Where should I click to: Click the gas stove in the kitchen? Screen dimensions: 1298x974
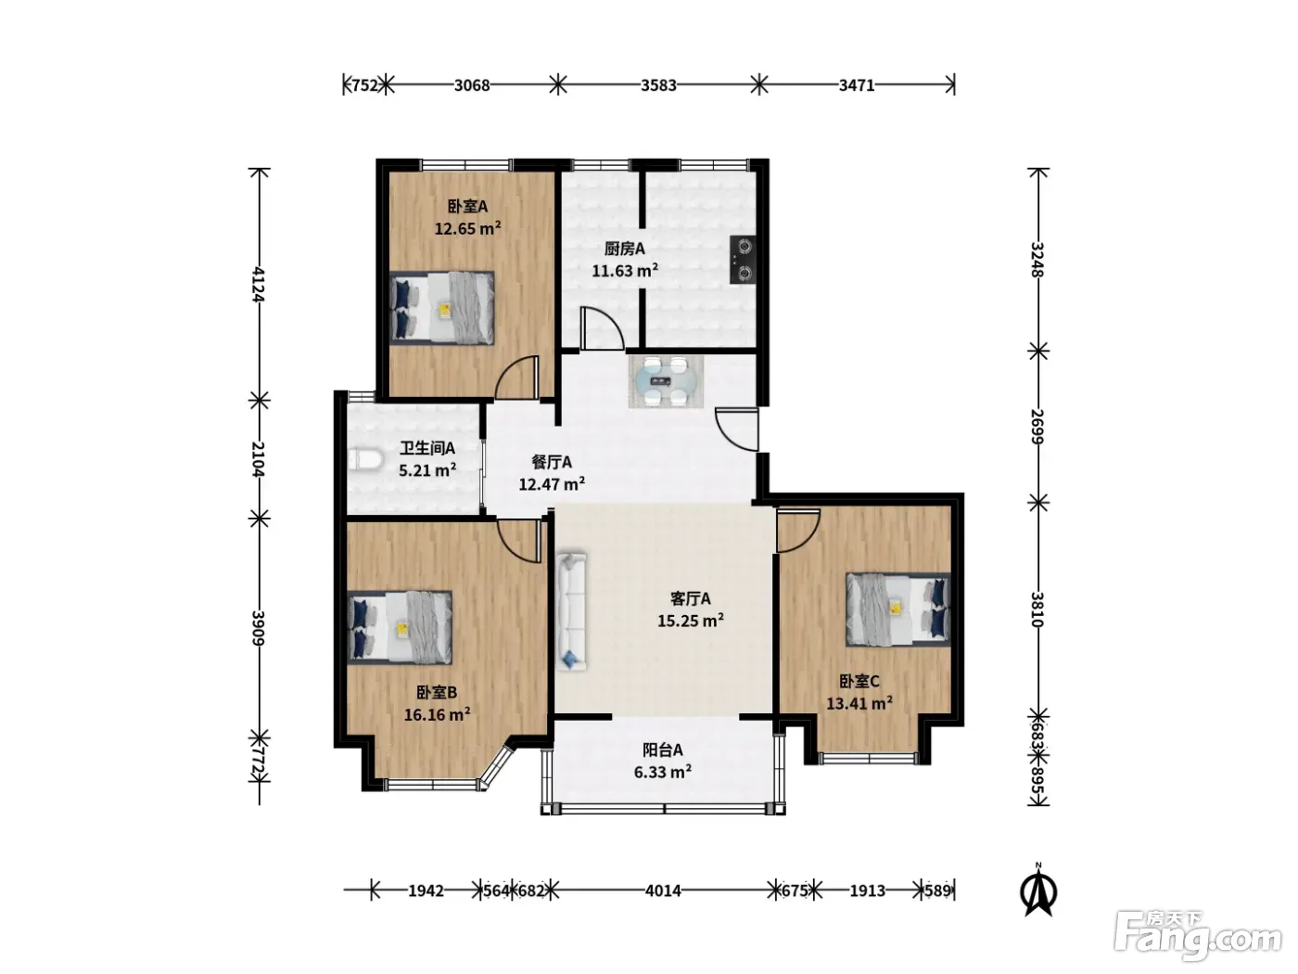[x=743, y=261]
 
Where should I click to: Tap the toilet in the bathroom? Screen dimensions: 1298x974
[x=365, y=459]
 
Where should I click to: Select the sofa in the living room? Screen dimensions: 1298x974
[x=571, y=611]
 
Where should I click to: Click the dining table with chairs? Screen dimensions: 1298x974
[x=666, y=382]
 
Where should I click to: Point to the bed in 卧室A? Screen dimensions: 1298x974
[x=441, y=308]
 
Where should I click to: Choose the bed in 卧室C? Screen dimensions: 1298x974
[x=897, y=609]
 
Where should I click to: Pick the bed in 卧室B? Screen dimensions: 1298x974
[x=400, y=627]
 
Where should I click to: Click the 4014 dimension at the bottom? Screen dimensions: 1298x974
[x=663, y=890]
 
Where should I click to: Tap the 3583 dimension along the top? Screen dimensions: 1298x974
[x=658, y=85]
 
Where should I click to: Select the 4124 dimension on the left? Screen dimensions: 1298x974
[x=259, y=285]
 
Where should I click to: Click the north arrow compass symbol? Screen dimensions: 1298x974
[x=1038, y=890]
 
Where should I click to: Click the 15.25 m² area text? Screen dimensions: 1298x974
[x=691, y=621]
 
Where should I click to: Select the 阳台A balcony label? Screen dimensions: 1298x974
[x=663, y=750]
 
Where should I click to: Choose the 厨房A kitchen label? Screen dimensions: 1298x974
[x=625, y=249]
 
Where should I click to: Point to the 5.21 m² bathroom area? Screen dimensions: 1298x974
[x=427, y=470]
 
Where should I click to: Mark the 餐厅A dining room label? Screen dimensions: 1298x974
[x=552, y=462]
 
